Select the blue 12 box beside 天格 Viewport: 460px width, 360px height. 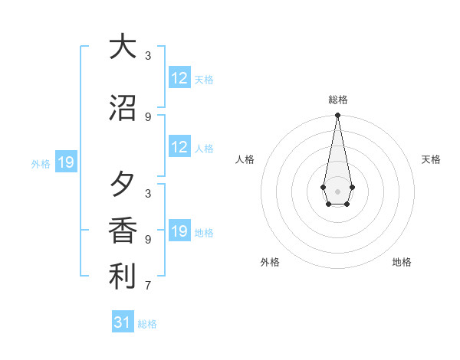179,78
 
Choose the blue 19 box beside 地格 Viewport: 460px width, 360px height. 179,231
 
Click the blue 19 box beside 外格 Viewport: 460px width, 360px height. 66,162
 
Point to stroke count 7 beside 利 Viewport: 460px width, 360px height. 148,286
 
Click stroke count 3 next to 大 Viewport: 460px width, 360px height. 148,56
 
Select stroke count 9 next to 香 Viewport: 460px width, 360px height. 148,239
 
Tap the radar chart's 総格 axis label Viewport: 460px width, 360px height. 337,100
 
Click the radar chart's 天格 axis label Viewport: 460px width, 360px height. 431,159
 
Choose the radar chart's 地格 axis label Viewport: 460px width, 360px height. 401,262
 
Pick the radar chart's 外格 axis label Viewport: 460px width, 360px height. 270,262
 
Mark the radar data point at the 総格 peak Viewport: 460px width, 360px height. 337,116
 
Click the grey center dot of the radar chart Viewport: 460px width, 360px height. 337,191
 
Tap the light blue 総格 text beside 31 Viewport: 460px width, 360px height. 148,324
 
